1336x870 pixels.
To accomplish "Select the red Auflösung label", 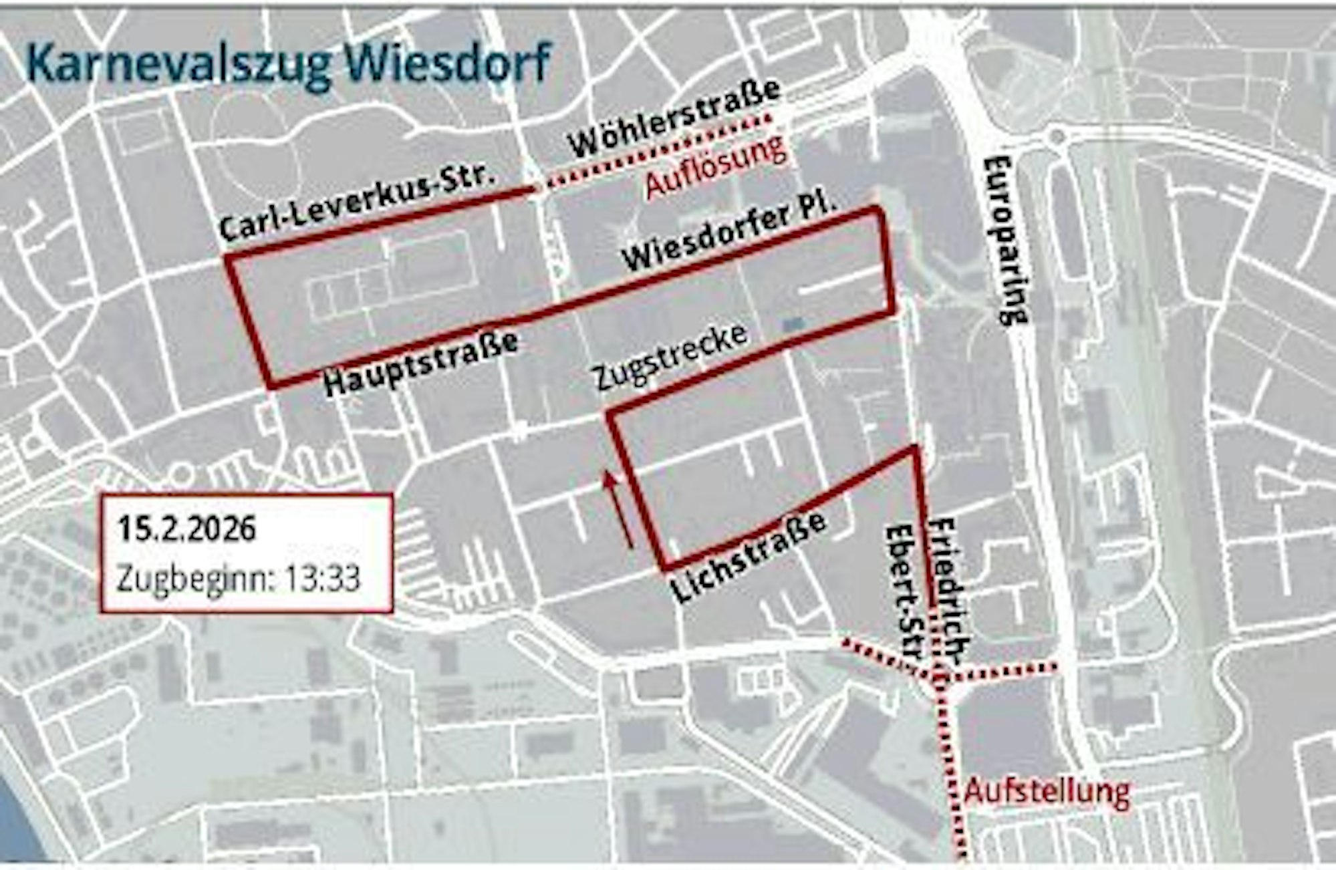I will tap(716, 167).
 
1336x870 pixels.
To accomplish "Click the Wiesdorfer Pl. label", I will tap(729, 232).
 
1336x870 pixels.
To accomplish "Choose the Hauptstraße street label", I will tap(422, 364).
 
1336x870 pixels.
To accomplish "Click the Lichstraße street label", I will tap(748, 558).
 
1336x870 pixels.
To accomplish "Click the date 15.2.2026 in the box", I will tap(187, 529).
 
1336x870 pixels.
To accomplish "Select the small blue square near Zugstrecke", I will tap(793, 324).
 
